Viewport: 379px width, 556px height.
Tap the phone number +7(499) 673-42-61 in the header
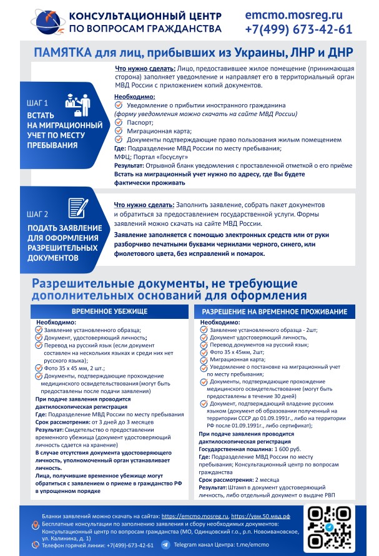tap(298, 29)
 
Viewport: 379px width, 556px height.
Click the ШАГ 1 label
tap(37, 102)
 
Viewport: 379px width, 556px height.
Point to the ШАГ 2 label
tap(37, 213)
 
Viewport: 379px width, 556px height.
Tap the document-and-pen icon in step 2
tap(77, 208)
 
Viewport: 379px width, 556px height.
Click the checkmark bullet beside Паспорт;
tap(119, 123)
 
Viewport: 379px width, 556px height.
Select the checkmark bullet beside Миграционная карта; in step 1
tap(119, 131)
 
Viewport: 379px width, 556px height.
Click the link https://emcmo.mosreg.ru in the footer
tap(194, 517)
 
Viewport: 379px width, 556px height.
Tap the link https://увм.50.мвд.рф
tap(260, 517)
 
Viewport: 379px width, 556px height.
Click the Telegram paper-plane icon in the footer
tap(165, 545)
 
